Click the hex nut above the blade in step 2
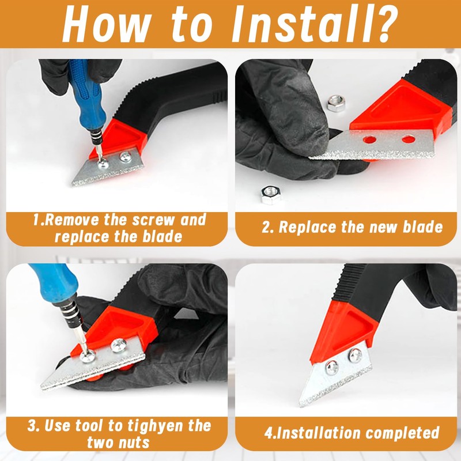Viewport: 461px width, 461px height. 336,103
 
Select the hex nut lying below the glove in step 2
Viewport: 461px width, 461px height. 271,194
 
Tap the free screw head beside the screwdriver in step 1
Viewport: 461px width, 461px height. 126,157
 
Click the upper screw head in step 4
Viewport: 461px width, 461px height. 356,356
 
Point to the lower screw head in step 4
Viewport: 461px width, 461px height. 332,368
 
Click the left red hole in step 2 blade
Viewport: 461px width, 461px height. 369,139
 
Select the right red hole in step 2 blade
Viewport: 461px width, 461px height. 409,139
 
